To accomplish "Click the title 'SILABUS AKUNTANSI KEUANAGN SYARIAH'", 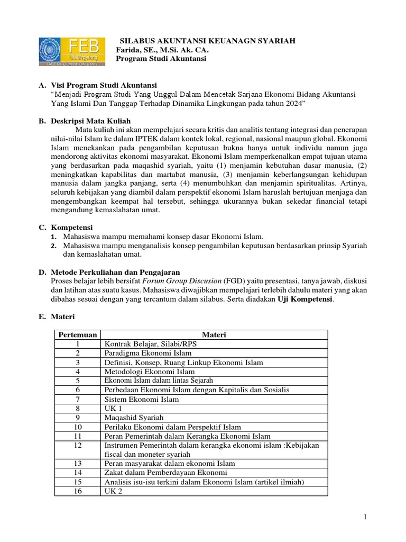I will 208,41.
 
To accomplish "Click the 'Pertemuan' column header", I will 78,335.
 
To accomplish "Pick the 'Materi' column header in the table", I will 214,335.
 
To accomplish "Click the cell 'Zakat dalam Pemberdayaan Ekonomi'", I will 165,472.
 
